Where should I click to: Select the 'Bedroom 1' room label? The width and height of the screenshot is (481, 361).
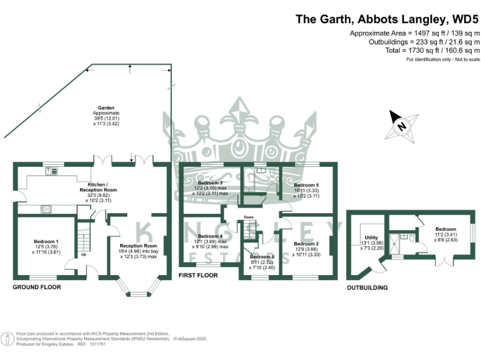[46, 242]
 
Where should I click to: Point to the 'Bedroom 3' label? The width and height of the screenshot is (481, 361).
[207, 182]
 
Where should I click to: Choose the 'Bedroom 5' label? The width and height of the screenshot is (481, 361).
[307, 186]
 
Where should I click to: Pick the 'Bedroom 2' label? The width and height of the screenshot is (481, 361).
[306, 243]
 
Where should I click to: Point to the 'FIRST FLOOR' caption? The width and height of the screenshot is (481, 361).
[198, 275]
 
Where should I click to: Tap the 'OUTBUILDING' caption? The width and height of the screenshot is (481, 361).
[366, 288]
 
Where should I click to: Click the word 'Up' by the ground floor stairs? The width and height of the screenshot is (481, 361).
[83, 254]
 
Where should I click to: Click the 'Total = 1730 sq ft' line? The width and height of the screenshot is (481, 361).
[413, 50]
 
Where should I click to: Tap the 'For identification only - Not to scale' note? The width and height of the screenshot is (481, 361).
[443, 60]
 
